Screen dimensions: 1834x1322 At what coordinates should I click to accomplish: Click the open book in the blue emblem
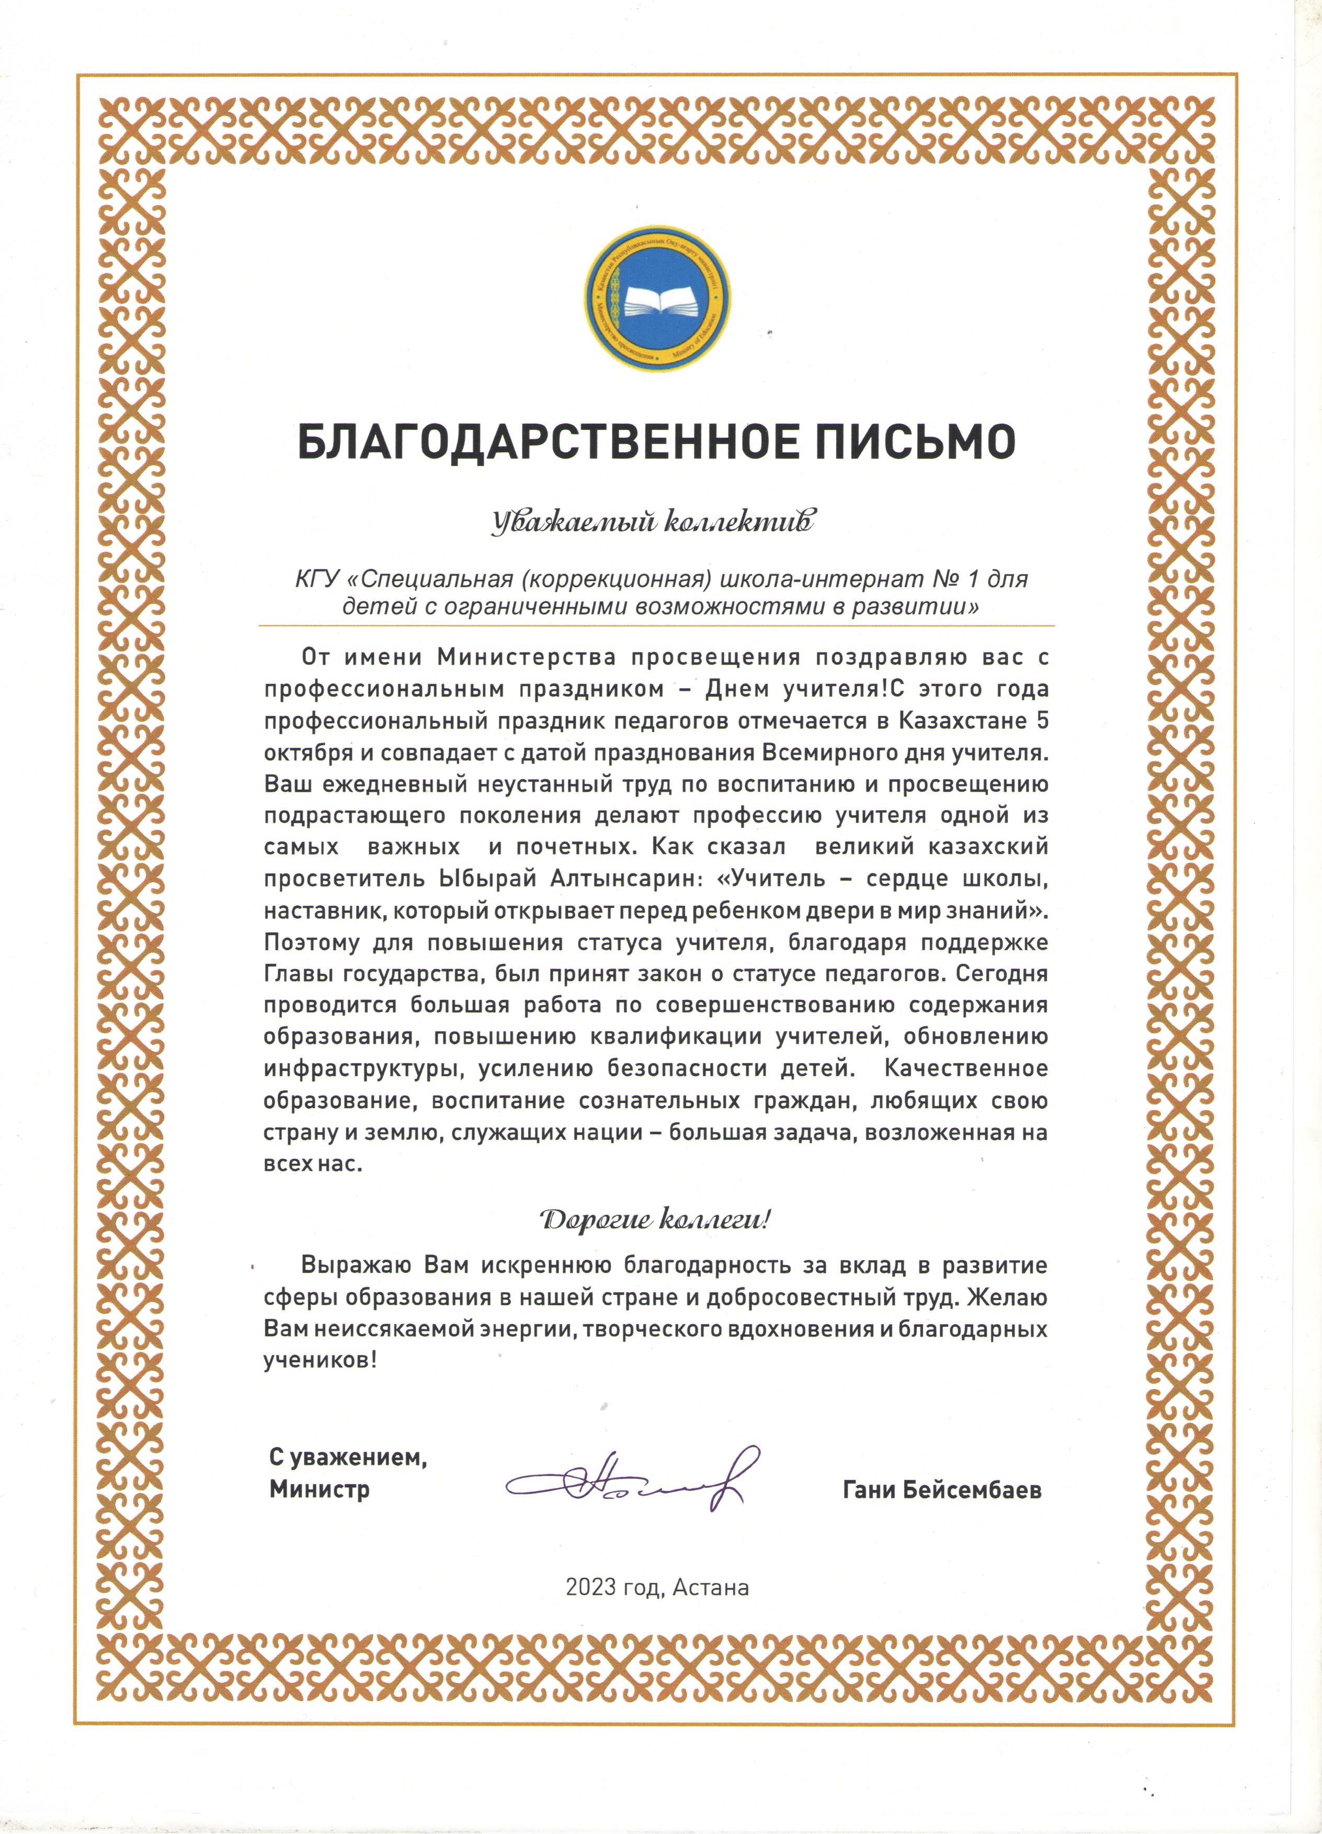(659, 301)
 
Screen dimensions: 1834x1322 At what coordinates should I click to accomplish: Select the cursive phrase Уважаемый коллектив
(653, 522)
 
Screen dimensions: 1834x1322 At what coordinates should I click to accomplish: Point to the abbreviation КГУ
(316, 580)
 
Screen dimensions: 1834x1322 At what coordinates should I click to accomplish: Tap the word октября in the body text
(308, 753)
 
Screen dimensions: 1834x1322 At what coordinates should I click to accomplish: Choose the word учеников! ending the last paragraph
(320, 1360)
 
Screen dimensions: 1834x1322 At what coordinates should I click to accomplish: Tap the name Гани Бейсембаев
(942, 1489)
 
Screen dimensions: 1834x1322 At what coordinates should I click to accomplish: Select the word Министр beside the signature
(320, 1489)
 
